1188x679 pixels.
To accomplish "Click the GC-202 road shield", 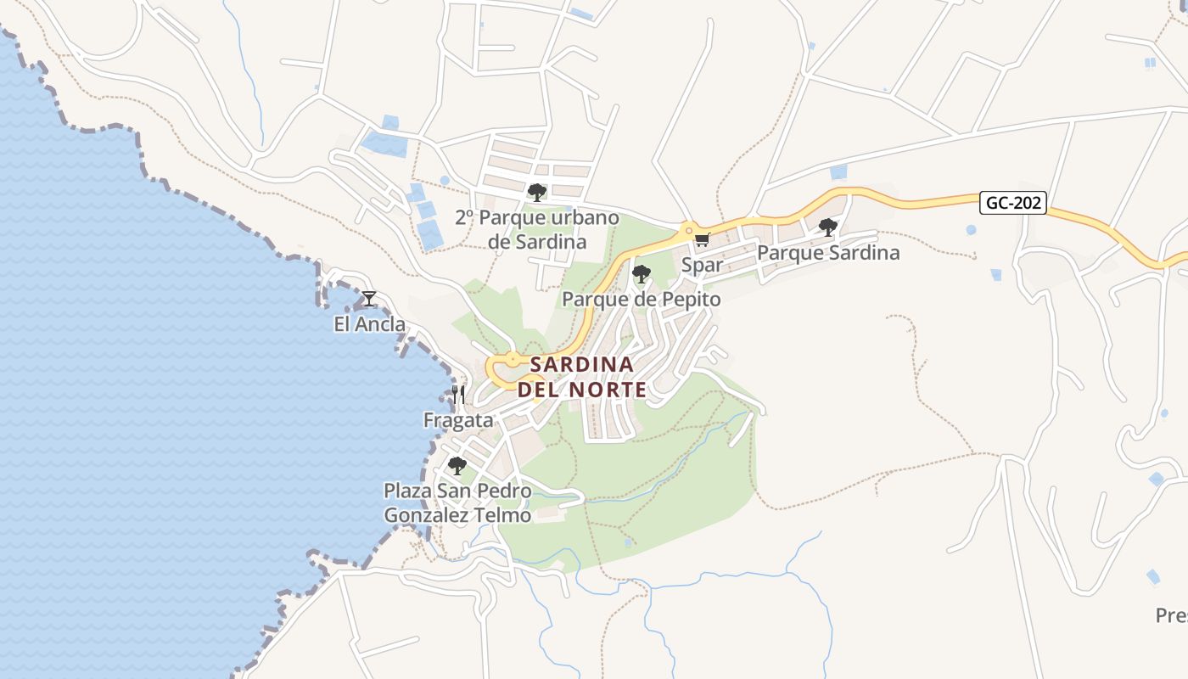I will (1013, 204).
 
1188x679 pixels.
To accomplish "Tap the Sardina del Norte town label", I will (582, 377).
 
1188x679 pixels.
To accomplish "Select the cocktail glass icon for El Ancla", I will (369, 299).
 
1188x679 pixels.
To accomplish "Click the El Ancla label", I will (369, 325).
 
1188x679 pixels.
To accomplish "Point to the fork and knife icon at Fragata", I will (458, 395).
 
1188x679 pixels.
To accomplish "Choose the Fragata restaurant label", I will (458, 420).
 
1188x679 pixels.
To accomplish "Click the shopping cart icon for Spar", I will (702, 240).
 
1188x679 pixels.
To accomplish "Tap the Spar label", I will (703, 265).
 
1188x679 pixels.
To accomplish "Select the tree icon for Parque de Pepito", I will (642, 274).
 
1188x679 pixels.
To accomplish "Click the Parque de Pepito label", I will (642, 300).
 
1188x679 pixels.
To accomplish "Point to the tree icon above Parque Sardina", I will (828, 227).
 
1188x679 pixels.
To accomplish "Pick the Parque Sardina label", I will (828, 253).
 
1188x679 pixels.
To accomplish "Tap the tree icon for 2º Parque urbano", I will (536, 193).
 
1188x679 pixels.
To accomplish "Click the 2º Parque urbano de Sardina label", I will (537, 230).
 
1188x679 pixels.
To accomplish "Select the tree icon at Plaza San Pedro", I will (457, 466).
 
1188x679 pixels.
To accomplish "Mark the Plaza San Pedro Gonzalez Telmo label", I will (457, 503).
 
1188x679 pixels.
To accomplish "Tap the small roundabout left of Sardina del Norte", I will (513, 361).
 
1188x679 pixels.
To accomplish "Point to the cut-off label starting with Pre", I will (1172, 614).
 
